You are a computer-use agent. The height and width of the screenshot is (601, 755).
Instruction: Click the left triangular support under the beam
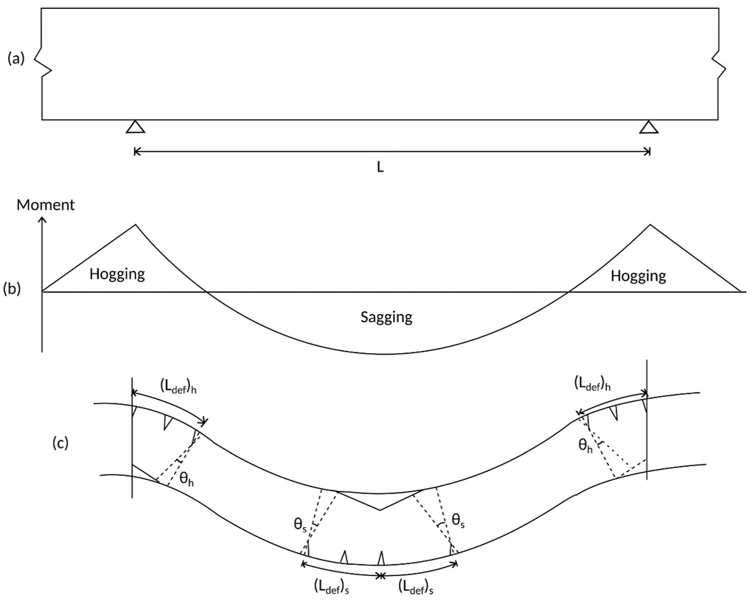pyautogui.click(x=135, y=127)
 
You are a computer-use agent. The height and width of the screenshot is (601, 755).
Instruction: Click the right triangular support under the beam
pyautogui.click(x=649, y=127)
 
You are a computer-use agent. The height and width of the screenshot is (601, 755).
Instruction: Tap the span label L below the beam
pyautogui.click(x=380, y=167)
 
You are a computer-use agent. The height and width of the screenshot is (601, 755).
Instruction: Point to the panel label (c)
pyautogui.click(x=62, y=443)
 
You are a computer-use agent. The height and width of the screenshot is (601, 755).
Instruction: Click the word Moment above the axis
pyautogui.click(x=46, y=205)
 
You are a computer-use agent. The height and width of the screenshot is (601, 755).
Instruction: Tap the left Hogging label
pyautogui.click(x=117, y=275)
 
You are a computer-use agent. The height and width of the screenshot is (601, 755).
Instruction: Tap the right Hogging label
pyautogui.click(x=638, y=276)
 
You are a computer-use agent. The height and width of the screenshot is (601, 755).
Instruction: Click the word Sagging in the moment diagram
pyautogui.click(x=386, y=318)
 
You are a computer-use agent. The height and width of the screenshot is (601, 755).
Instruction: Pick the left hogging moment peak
pyautogui.click(x=135, y=225)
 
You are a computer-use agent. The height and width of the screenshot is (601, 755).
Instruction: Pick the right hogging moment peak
pyautogui.click(x=649, y=225)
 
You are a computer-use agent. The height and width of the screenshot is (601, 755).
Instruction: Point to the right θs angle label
pyautogui.click(x=459, y=521)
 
